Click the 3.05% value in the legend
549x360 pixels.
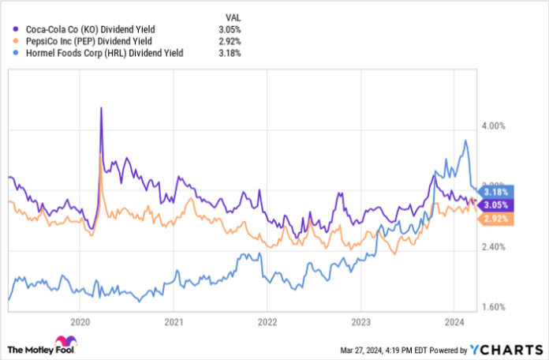click(x=229, y=29)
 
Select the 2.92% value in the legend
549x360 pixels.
click(x=229, y=41)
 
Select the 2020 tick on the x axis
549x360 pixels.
click(x=80, y=321)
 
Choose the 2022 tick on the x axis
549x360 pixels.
click(x=267, y=321)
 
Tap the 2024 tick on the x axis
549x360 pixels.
click(x=453, y=321)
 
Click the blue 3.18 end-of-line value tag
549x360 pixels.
click(x=495, y=192)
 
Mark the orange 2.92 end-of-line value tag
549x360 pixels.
click(x=495, y=218)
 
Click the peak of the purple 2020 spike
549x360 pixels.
click(x=101, y=108)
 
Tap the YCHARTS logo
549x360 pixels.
click(x=505, y=348)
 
